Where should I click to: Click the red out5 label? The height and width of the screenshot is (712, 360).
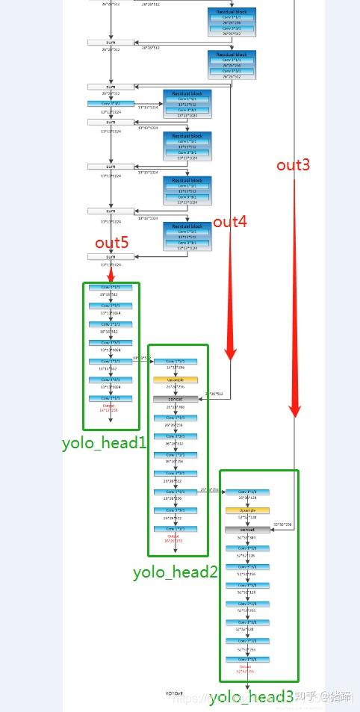(x=111, y=243)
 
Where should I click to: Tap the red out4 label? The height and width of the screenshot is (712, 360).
(x=230, y=222)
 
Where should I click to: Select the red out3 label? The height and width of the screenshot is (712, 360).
(x=293, y=164)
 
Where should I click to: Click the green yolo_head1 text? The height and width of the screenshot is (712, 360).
(x=104, y=442)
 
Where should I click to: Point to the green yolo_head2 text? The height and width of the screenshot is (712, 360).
(x=176, y=572)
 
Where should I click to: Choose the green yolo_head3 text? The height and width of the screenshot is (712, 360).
(x=251, y=697)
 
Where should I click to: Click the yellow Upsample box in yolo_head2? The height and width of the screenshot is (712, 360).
(x=176, y=380)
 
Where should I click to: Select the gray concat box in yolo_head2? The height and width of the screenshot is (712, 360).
(x=176, y=399)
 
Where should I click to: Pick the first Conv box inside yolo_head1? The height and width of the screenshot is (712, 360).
(x=111, y=287)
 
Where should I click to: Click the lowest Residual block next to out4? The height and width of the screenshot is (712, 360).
(x=187, y=236)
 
